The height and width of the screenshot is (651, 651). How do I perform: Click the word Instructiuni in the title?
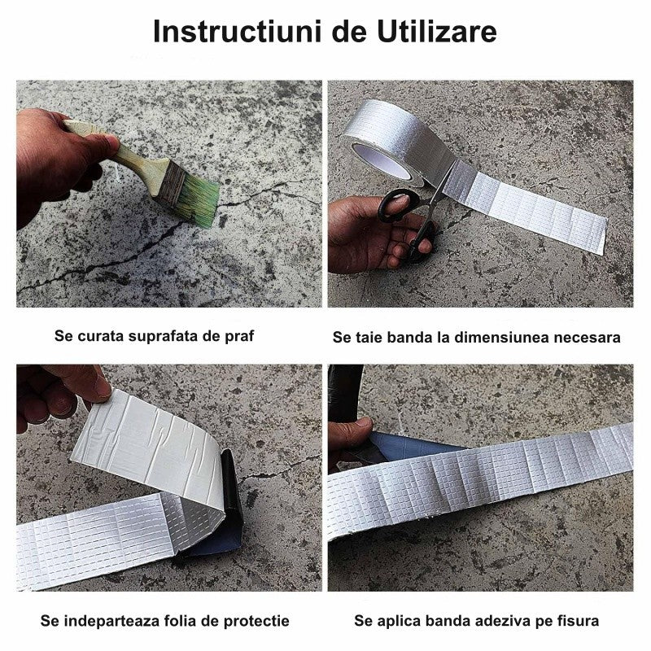[x=237, y=31]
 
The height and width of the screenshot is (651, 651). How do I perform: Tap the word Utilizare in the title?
[x=437, y=31]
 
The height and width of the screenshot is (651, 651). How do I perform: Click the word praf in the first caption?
[x=239, y=336]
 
